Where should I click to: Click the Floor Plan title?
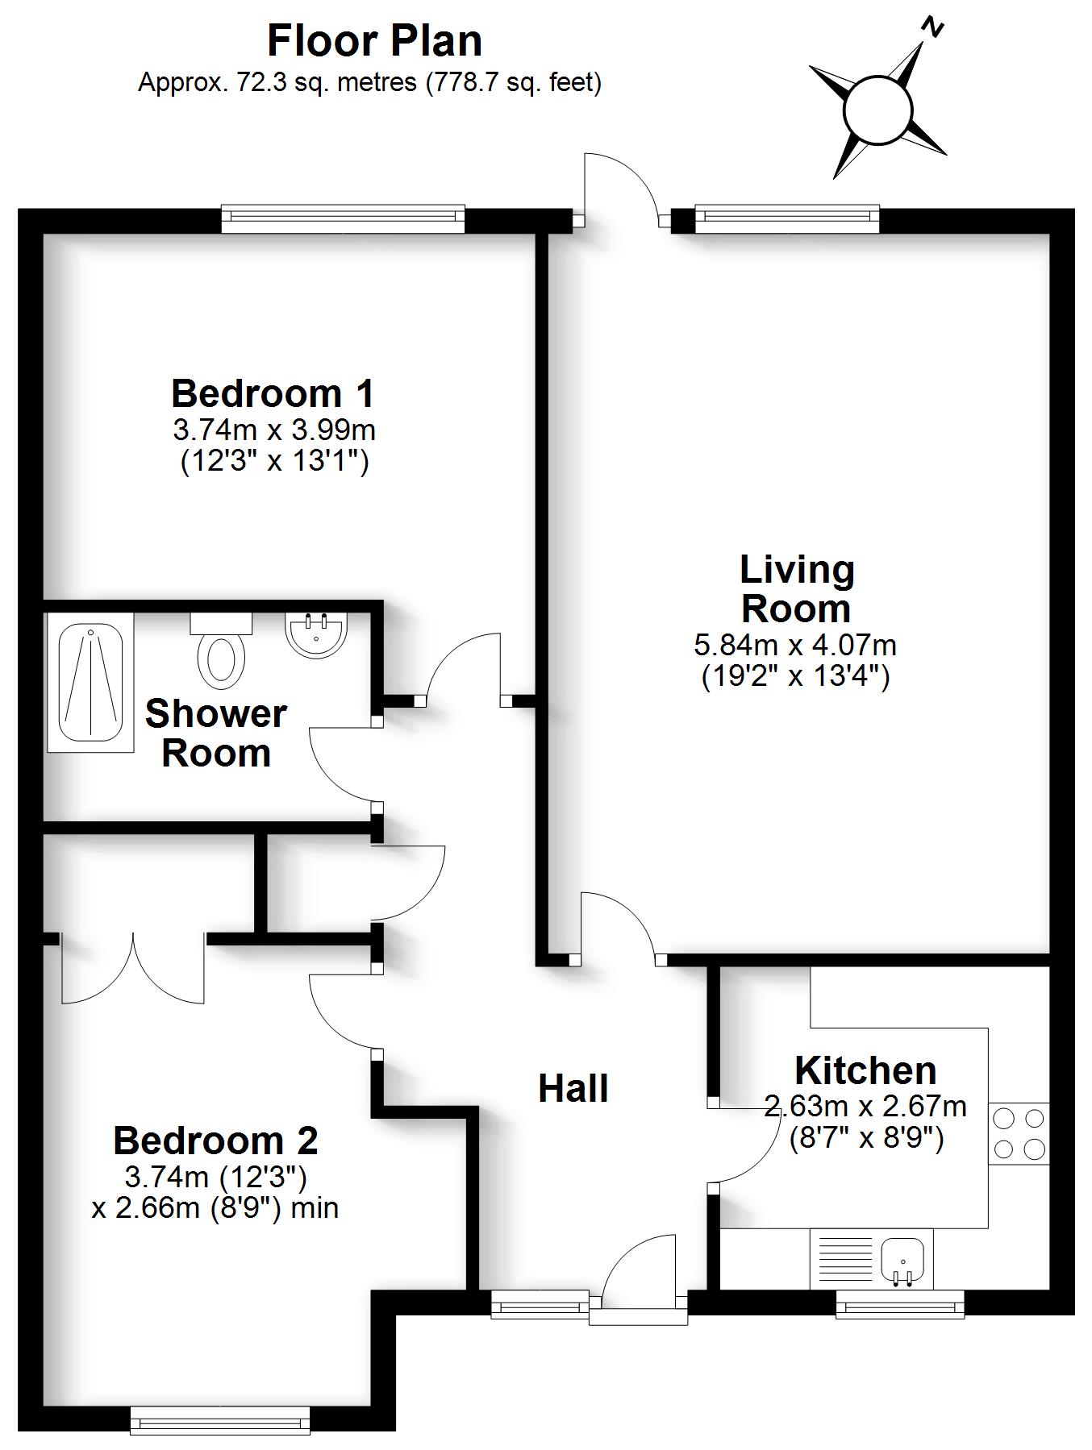click(374, 41)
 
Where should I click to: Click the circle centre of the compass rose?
click(878, 110)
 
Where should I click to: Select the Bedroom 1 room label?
click(273, 393)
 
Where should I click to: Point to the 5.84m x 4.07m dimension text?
click(795, 645)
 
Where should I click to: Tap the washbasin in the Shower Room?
click(316, 633)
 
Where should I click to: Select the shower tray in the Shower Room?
click(90, 682)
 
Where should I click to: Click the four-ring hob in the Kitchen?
click(1019, 1133)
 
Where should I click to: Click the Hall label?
click(573, 1088)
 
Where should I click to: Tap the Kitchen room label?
click(865, 1070)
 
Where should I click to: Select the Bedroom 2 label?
click(215, 1140)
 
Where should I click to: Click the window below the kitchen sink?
click(900, 1303)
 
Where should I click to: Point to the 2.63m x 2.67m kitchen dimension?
click(865, 1107)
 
